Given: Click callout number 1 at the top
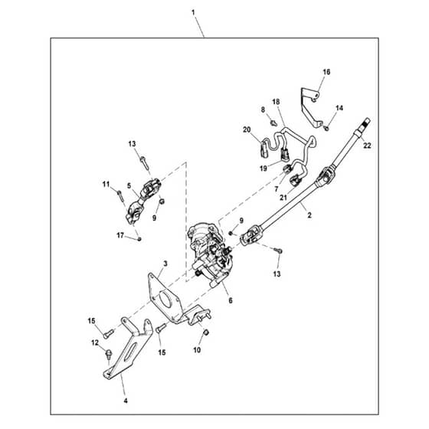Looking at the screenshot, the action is click(193, 12).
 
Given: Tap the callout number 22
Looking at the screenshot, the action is click(367, 146).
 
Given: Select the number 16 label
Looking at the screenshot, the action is click(326, 72).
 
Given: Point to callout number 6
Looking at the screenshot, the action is click(231, 300).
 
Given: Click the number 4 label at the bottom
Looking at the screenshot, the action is click(126, 401).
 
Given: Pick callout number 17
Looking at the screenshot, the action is click(120, 235).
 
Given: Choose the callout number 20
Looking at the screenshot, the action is click(247, 129).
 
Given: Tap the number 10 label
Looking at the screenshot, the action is click(197, 350).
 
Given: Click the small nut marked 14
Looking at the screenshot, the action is click(326, 128).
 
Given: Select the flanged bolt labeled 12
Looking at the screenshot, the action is click(108, 354).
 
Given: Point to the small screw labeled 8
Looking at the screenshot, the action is click(273, 123).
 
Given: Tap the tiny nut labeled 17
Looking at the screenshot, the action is click(139, 239).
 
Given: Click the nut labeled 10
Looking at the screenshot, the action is click(207, 332).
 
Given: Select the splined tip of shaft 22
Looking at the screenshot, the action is click(366, 122).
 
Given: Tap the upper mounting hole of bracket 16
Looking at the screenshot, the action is click(316, 95).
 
